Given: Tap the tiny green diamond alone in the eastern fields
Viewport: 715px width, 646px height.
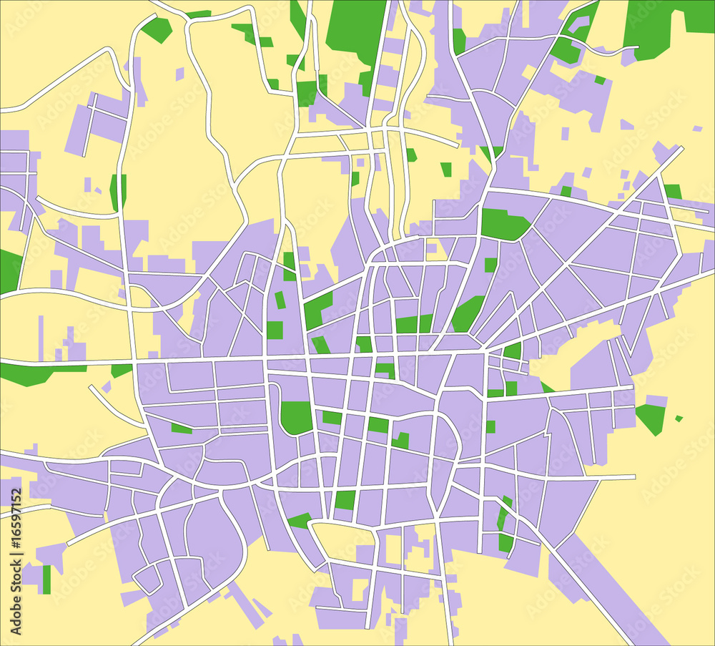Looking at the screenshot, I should [679, 419].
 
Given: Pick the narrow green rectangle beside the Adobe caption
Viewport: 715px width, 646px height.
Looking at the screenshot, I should [46, 579].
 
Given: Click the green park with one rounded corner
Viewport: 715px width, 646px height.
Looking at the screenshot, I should [296, 417].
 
